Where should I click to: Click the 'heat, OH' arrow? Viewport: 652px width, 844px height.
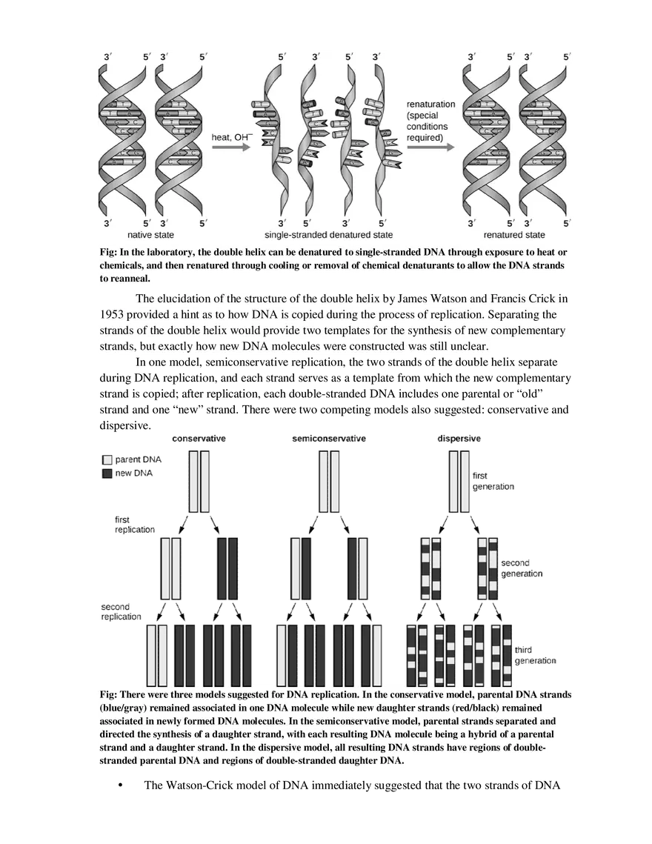[x=230, y=147]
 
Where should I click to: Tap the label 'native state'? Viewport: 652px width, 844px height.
[x=150, y=235]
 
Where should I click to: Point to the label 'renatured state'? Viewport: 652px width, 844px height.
[x=514, y=235]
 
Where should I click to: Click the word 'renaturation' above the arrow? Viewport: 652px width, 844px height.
[x=430, y=104]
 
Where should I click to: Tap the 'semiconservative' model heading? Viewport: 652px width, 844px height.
[x=328, y=438]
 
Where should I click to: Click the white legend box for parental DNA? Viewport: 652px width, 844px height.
[x=107, y=460]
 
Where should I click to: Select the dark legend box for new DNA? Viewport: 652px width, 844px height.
[x=107, y=473]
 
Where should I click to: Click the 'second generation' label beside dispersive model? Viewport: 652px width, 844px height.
[x=522, y=568]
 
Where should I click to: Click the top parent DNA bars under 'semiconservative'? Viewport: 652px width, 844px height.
[x=328, y=482]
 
